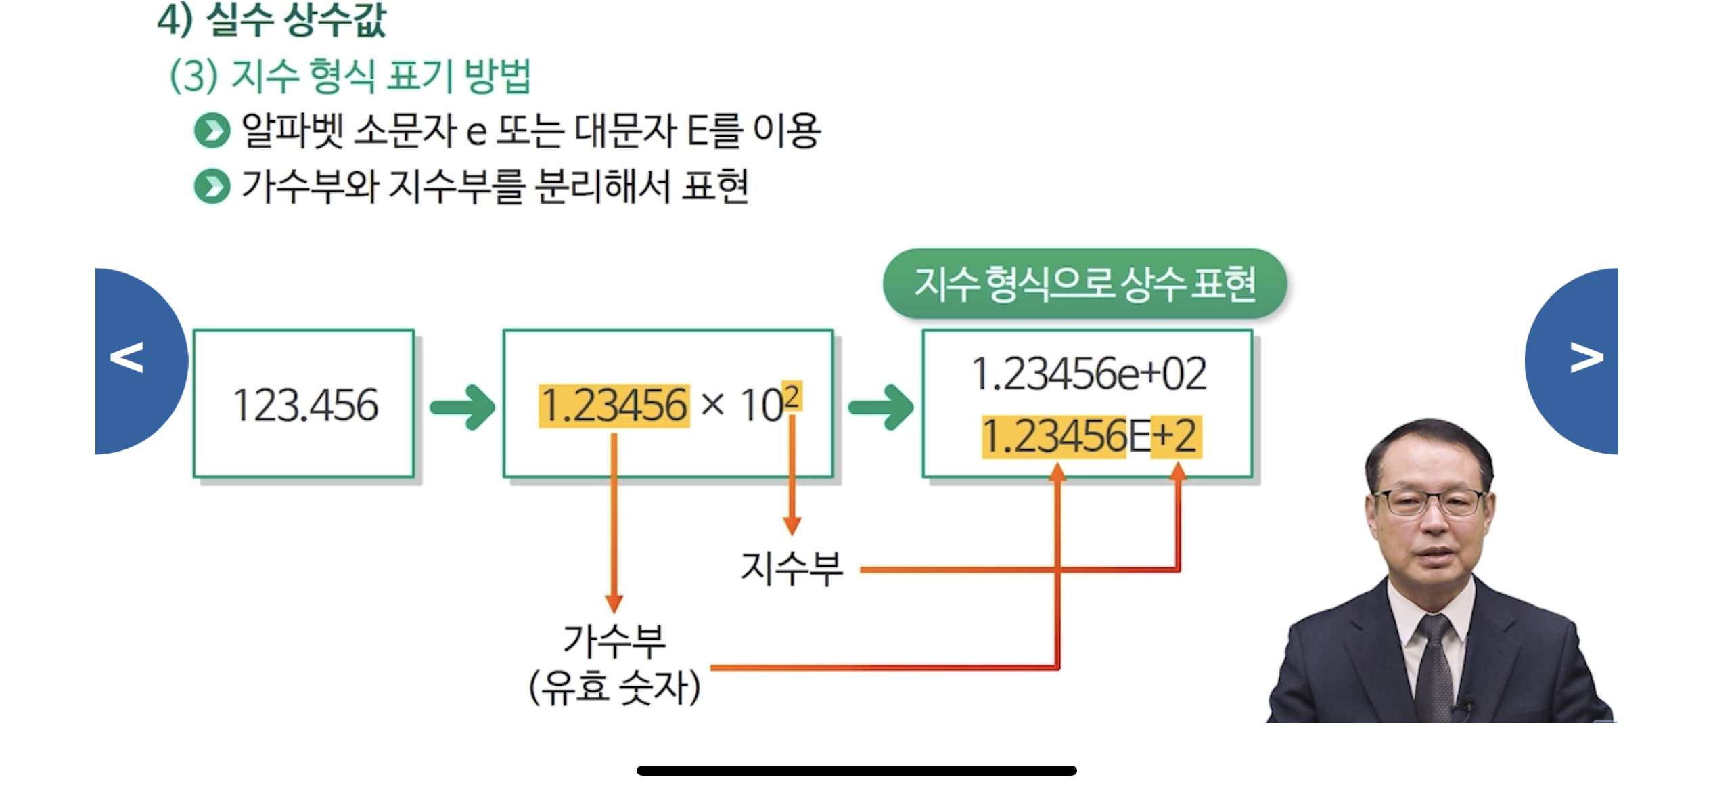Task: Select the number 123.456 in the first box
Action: pos(305,405)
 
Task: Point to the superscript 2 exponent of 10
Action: pos(791,396)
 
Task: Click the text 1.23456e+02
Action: pos(1088,374)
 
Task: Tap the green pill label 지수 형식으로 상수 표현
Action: pos(1084,284)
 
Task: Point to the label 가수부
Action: pos(614,640)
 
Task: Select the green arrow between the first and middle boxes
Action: pos(463,408)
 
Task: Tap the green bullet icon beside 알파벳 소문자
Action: pos(212,131)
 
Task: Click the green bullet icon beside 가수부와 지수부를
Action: pos(212,186)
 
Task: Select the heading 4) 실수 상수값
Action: pos(271,20)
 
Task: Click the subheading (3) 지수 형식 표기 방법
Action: pos(350,76)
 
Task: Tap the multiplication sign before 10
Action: pos(712,405)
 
